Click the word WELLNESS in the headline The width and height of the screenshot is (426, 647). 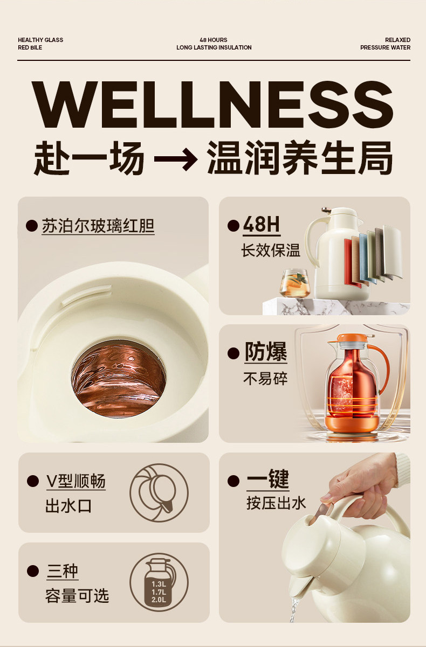click(212, 104)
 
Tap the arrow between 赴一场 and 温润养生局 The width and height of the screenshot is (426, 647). click(176, 158)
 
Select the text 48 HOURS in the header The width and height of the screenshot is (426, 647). click(214, 40)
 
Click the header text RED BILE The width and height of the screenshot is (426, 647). click(30, 47)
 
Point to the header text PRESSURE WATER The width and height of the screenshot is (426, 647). click(385, 47)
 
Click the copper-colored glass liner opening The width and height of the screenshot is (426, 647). click(119, 379)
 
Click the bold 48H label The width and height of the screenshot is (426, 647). click(262, 224)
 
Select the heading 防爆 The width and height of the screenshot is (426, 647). click(266, 352)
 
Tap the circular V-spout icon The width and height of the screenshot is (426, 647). click(159, 493)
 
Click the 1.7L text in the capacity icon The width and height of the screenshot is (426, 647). click(159, 592)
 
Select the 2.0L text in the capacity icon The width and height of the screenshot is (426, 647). click(159, 600)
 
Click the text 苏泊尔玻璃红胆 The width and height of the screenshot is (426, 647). click(98, 226)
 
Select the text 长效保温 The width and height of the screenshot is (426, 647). click(271, 250)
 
